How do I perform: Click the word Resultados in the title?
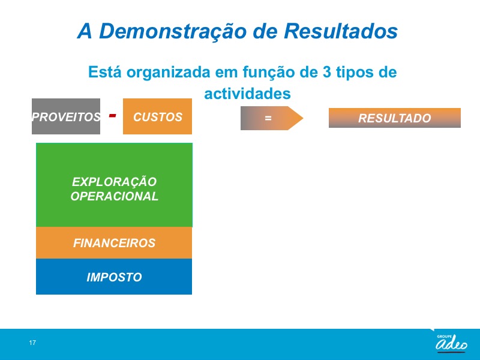point(341,31)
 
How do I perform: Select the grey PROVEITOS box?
point(66,116)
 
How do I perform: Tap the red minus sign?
point(112,115)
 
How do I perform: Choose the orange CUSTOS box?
point(157,116)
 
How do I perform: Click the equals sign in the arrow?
point(268,118)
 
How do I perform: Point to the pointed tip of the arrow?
point(303,118)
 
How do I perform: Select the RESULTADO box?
point(395,118)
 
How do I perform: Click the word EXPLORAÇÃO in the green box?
point(114,182)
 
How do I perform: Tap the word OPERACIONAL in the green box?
point(114,196)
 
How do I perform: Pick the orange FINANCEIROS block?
point(114,243)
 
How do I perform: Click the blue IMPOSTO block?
point(114,277)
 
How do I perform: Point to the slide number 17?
point(32,343)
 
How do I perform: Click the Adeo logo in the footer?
point(451,343)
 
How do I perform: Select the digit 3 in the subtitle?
point(326,72)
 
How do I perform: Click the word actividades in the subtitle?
point(247,94)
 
